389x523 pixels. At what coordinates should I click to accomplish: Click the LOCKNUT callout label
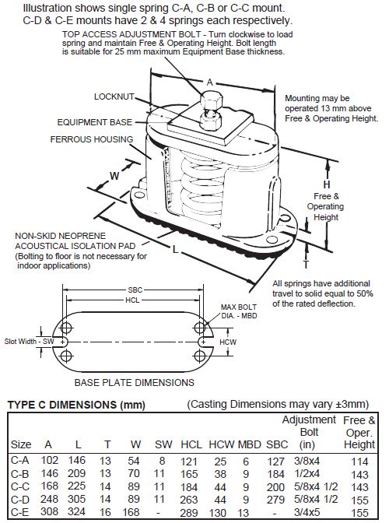pos(114,97)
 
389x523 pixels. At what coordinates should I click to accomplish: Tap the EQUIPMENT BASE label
pos(95,122)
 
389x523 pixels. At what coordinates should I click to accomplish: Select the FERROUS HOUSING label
pos(92,139)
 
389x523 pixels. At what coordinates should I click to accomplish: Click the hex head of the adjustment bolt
pos(211,100)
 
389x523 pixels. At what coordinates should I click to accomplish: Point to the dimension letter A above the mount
pos(209,82)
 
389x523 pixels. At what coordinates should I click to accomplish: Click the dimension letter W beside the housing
pos(114,176)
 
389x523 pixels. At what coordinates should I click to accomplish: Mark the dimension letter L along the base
pos(175,249)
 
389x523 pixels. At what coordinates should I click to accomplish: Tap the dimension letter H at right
pos(327,184)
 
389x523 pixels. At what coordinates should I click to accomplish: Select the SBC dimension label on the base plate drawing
pos(135,290)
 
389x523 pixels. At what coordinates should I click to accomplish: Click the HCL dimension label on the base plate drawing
pos(132,300)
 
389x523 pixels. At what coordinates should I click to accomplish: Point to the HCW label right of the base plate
pos(228,342)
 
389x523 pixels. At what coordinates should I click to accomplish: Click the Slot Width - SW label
pos(29,341)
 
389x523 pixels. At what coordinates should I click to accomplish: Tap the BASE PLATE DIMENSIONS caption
pos(134,382)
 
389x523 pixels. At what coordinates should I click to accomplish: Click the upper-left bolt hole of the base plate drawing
pos(66,328)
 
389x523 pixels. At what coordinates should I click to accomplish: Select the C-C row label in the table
pos(20,486)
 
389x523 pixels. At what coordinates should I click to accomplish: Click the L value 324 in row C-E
pos(77,511)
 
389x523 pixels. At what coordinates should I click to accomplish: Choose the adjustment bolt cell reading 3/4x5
pos(307,511)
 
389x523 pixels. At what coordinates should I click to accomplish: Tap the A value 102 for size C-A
pos(49,460)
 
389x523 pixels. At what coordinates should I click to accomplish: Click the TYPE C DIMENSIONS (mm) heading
pos(76,405)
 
